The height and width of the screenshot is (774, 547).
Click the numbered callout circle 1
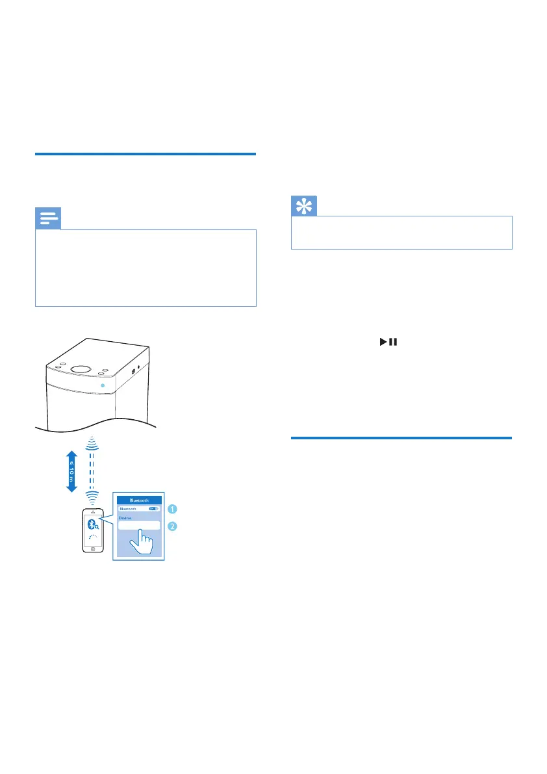172,509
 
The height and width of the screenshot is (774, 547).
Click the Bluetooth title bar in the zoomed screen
139,500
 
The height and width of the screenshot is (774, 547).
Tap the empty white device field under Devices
138,525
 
